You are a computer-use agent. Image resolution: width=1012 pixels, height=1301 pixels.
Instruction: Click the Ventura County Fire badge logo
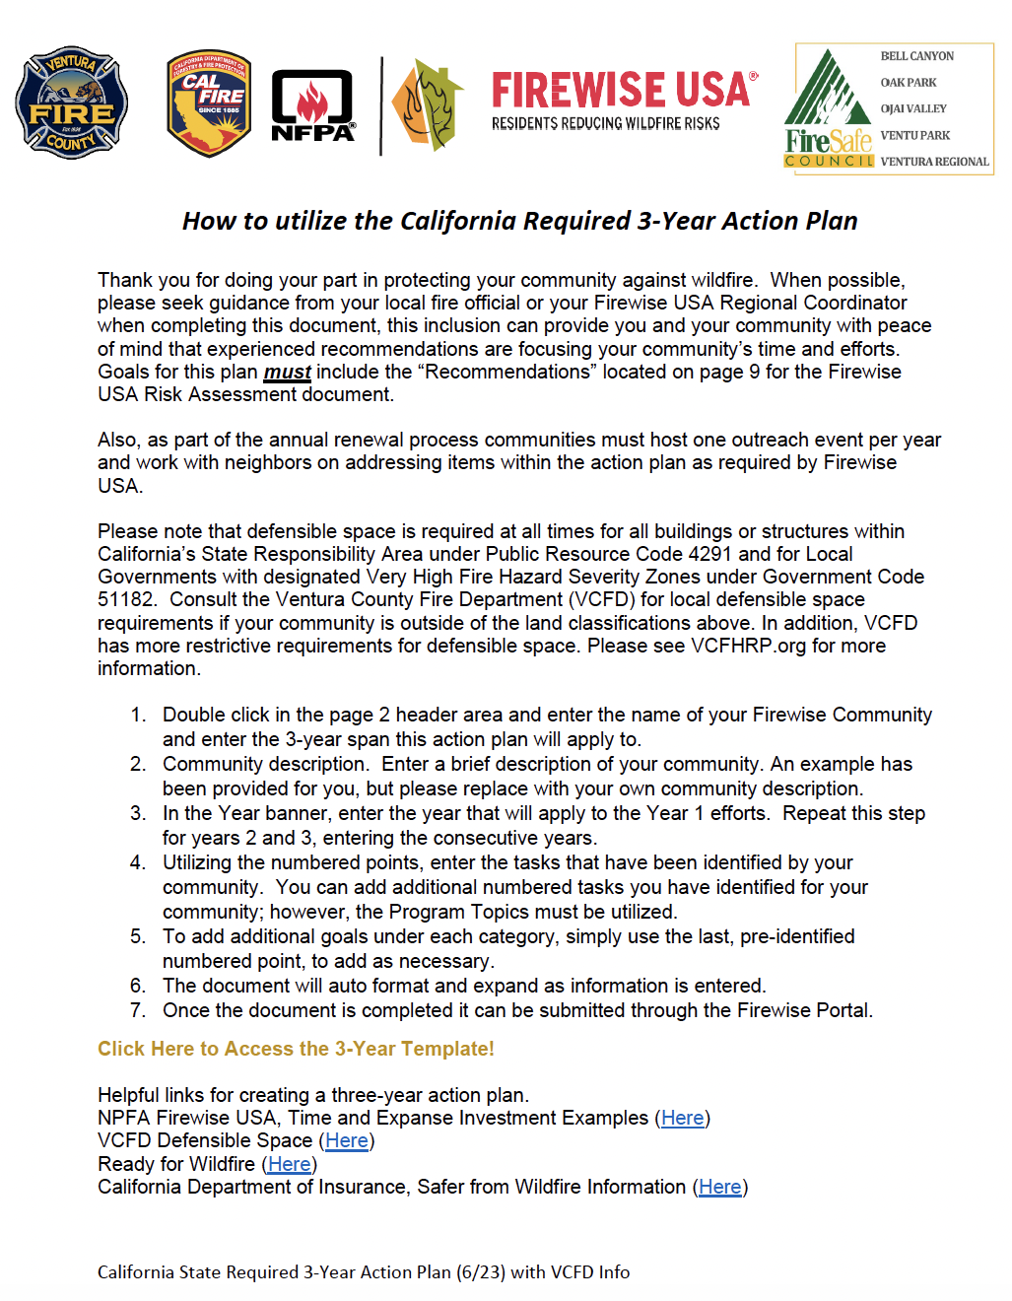point(71,103)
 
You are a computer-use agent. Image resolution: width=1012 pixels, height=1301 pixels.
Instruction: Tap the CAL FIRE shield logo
point(209,103)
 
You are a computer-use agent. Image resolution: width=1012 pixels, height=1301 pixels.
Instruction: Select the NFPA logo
point(312,106)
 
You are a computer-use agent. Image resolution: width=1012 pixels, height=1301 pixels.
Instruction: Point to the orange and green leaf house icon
point(428,105)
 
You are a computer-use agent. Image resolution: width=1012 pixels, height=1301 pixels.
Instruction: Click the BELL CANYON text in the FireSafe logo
point(916,56)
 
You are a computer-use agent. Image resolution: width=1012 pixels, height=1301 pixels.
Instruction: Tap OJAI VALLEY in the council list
point(912,108)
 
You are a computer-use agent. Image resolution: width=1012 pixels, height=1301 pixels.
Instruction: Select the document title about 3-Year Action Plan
point(519,221)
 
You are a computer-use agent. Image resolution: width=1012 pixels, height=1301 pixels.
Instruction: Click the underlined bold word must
point(287,373)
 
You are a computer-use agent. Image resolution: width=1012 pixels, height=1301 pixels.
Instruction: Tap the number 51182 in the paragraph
point(126,599)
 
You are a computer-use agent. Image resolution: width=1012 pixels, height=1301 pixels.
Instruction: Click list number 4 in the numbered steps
point(138,863)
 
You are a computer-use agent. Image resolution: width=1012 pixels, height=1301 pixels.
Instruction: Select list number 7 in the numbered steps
point(138,1011)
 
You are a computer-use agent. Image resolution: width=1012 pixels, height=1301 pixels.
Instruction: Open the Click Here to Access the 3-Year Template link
point(296,1049)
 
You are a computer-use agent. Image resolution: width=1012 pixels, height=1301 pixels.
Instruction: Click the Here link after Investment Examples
point(682,1118)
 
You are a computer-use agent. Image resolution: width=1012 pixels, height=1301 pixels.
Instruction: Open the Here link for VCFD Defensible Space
point(347,1140)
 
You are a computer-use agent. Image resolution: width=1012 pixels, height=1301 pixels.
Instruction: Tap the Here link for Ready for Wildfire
point(289,1164)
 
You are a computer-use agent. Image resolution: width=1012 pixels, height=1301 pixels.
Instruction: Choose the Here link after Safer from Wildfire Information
point(719,1187)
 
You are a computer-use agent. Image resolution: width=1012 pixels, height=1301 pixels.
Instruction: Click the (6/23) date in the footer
point(481,1272)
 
